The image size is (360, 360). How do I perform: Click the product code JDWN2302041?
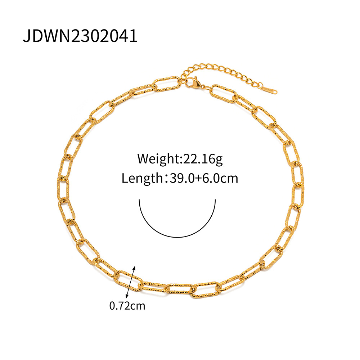[x=80, y=36]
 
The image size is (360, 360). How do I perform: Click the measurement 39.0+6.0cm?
[x=203, y=178]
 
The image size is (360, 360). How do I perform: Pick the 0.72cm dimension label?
[x=127, y=306]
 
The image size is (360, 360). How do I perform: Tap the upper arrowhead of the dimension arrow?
[x=135, y=267]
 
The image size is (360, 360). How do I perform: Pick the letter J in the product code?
[x=26, y=36]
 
